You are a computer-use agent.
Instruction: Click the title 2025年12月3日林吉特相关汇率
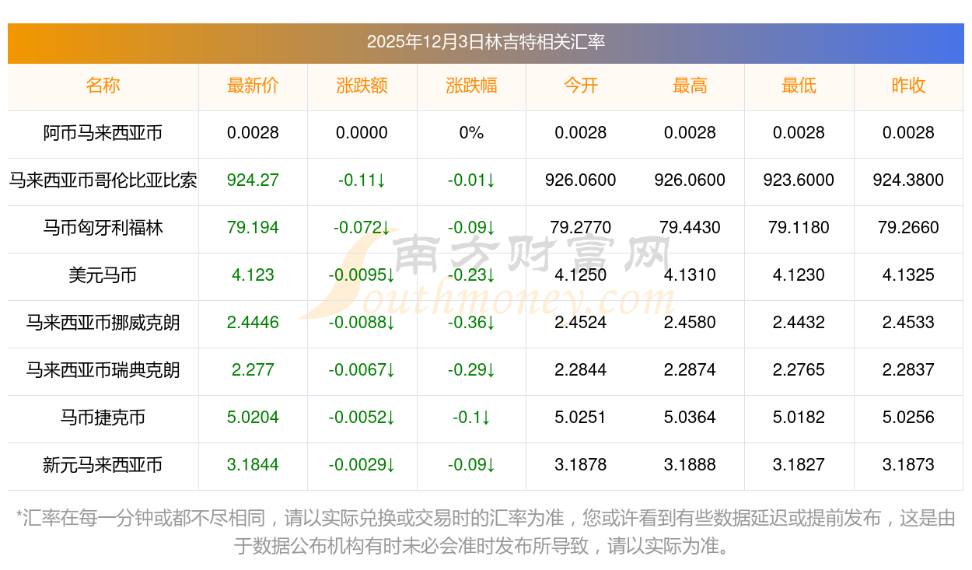click(485, 42)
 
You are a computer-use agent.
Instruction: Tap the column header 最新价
click(253, 86)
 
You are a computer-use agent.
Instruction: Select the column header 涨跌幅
click(471, 86)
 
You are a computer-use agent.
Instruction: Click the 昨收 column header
click(908, 86)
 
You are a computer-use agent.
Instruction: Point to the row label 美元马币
click(103, 275)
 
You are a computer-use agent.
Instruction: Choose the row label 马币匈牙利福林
click(103, 228)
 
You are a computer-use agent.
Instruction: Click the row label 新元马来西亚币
click(103, 465)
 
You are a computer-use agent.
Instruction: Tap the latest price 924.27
click(253, 180)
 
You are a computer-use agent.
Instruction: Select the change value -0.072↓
click(362, 228)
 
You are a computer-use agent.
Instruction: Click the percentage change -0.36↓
click(471, 323)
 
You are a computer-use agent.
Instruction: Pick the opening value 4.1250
click(581, 275)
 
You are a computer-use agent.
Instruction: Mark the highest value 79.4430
click(690, 228)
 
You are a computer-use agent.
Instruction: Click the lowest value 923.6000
click(799, 180)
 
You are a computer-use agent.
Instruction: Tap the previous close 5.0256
click(908, 418)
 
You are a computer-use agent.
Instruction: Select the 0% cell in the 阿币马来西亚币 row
click(471, 133)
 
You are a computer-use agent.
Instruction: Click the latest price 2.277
click(253, 370)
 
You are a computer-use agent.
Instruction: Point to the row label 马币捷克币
click(103, 418)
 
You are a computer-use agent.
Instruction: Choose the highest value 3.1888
click(690, 465)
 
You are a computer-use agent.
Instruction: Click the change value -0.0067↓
click(362, 370)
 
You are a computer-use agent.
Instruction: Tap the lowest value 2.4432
click(799, 323)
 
